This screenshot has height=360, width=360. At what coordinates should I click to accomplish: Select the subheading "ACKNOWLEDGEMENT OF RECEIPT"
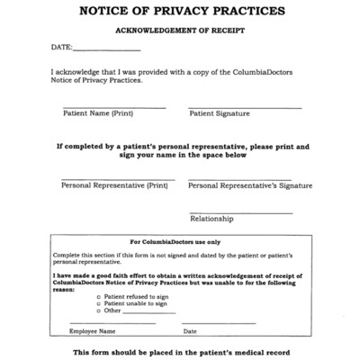pos(181,30)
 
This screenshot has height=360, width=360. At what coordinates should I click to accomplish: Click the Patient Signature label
pos(219,114)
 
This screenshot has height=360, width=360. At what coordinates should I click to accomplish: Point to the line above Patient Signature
pos(244,108)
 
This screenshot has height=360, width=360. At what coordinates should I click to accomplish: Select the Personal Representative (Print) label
pos(114,186)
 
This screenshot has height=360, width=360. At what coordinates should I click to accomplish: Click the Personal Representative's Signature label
pos(250,186)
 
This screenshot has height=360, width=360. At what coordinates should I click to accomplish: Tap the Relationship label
pos(211,219)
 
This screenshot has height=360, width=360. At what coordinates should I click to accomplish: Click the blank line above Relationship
pos(240,212)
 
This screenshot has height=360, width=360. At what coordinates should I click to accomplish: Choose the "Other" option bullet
pos(98,310)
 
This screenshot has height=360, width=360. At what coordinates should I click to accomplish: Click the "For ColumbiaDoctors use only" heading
pos(181,242)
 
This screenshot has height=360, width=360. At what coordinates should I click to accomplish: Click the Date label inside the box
pos(190,331)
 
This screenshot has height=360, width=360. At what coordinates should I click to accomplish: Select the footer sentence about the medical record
pos(181,351)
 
